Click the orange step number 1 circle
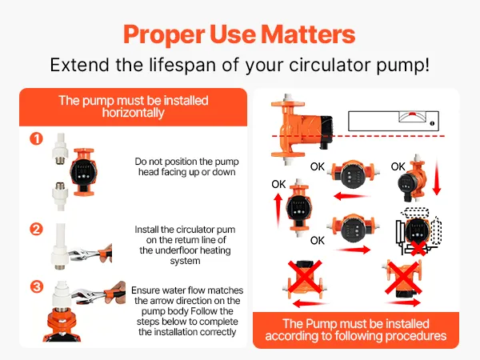(37, 138)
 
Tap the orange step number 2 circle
(37, 229)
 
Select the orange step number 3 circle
(37, 287)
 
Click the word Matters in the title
(308, 34)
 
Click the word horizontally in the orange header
(133, 113)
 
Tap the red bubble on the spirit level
(412, 114)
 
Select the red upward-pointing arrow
(278, 211)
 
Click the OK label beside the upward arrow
(278, 184)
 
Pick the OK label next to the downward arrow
(398, 167)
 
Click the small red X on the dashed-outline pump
(418, 248)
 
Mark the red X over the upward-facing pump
(305, 277)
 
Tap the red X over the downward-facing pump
(403, 278)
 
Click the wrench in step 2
(90, 254)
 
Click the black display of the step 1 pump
(83, 172)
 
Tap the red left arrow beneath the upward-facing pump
(310, 304)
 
